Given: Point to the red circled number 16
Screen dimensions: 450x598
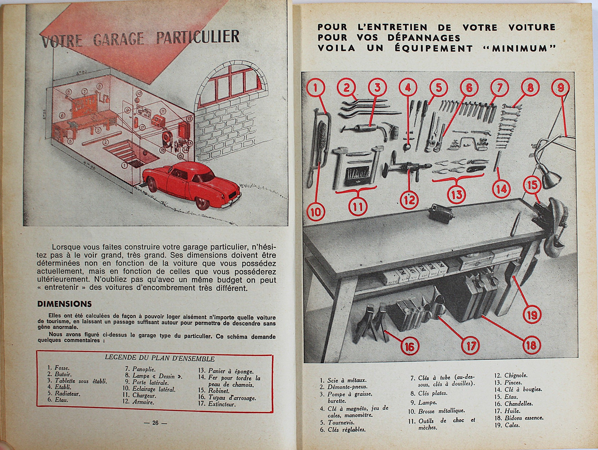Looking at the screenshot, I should click(410, 347).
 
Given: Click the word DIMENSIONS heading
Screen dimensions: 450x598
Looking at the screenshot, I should click(64, 304).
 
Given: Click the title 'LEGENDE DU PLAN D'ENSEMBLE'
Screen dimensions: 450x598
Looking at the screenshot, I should click(159, 359).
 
